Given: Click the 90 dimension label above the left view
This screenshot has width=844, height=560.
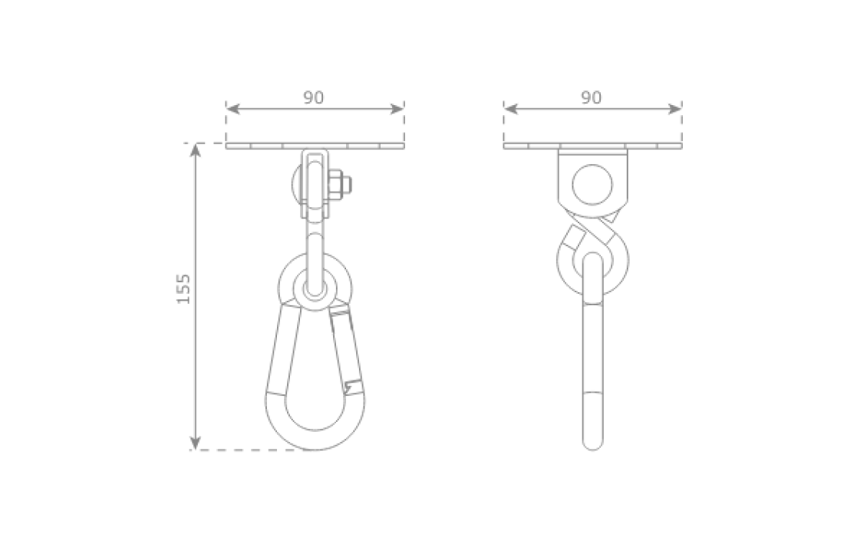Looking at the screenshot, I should click(x=313, y=97).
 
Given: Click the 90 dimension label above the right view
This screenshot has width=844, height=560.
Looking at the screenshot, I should click(x=591, y=97).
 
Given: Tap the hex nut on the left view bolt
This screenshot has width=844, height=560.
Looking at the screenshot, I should click(x=339, y=185).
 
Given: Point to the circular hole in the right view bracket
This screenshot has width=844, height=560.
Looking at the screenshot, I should click(x=592, y=184).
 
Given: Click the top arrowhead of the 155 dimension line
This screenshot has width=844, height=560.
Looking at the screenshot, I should click(x=196, y=150).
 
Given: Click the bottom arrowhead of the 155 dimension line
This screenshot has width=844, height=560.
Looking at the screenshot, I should click(x=196, y=443).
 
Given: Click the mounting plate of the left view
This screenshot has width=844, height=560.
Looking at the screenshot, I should click(x=315, y=145).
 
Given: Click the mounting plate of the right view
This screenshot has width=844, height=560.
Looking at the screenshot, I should click(x=592, y=145).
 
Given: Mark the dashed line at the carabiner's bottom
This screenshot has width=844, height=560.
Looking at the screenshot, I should click(x=253, y=450).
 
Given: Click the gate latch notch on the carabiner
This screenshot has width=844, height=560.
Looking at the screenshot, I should click(x=353, y=384).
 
